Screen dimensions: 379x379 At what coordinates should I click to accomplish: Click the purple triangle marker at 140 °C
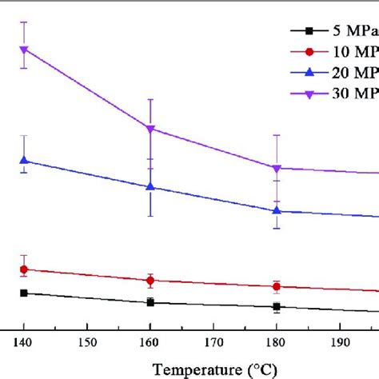click(24, 50)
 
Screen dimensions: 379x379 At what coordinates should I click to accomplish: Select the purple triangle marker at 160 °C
click(150, 129)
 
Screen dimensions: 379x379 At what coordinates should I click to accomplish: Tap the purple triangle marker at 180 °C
click(277, 169)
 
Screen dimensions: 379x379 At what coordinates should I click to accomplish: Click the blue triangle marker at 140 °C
click(24, 161)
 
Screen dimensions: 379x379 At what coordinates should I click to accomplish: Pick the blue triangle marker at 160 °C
click(150, 187)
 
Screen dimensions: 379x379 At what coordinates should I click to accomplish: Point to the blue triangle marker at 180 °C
click(277, 211)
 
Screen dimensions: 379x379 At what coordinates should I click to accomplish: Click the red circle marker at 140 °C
click(24, 269)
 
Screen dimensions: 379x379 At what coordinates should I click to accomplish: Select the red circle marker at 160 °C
click(150, 281)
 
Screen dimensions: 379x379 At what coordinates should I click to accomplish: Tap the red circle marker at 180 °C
click(277, 286)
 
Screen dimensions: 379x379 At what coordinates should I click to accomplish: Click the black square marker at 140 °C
click(24, 293)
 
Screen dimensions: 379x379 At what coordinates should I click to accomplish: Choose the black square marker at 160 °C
click(150, 302)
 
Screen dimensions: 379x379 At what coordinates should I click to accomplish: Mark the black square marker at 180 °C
click(277, 306)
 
